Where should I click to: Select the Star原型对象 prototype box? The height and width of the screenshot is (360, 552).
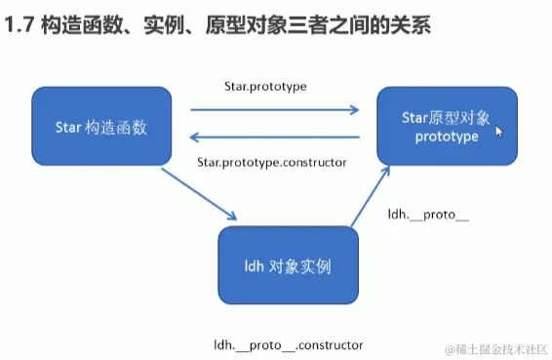pos(447,125)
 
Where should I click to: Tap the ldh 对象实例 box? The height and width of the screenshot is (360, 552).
pos(286,263)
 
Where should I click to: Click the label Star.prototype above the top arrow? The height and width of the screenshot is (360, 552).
pos(265,86)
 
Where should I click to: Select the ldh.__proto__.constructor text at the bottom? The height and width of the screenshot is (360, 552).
pos(289,344)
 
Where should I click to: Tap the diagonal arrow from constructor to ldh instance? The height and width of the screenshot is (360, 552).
pos(200,193)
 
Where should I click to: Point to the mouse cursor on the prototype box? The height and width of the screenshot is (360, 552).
pos(499,132)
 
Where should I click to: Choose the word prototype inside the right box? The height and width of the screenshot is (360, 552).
pos(447,137)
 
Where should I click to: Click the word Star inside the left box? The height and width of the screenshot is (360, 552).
pos(68,126)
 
